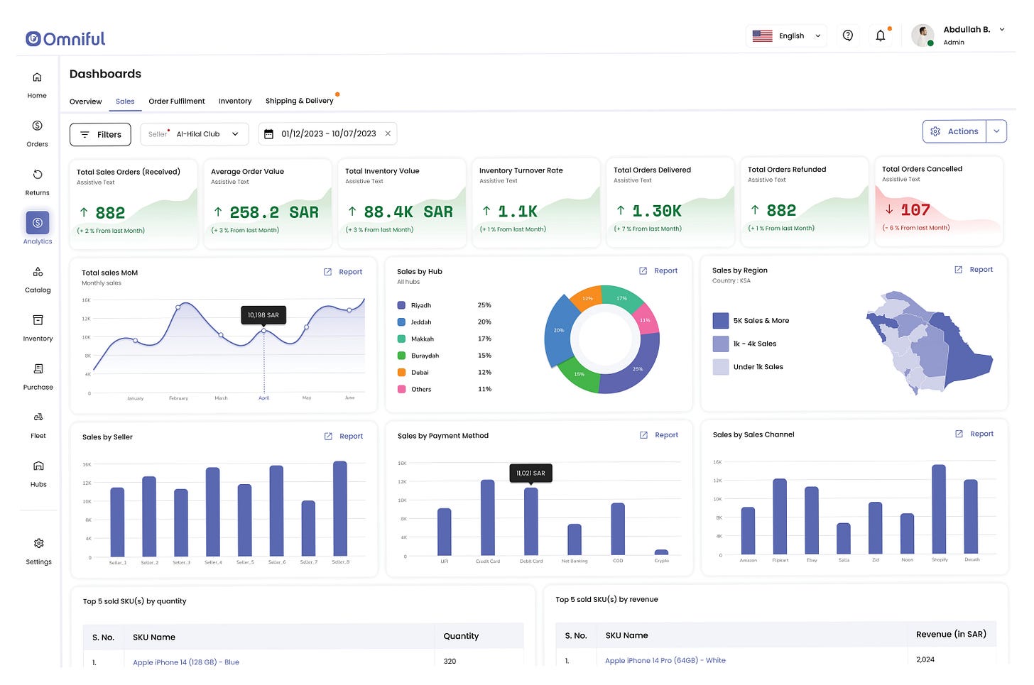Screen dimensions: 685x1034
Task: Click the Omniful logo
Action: tap(65, 38)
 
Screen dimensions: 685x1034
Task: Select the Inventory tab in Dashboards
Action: tap(235, 102)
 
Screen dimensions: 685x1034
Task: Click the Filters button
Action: tap(100, 134)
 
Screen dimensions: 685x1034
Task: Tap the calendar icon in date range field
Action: tap(268, 134)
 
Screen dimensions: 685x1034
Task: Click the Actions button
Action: tap(954, 131)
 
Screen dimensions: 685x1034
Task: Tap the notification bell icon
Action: tap(880, 35)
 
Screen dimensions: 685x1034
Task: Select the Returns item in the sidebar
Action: tap(38, 182)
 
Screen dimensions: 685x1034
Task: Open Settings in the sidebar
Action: tap(38, 551)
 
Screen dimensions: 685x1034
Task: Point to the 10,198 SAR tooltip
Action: tap(263, 314)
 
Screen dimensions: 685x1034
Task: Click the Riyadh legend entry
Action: tap(420, 305)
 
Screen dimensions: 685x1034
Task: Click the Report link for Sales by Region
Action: tap(981, 270)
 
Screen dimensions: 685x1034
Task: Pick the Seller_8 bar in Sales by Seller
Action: tap(340, 508)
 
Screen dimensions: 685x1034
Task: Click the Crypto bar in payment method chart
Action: tap(661, 552)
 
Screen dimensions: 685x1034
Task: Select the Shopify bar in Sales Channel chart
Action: tap(939, 509)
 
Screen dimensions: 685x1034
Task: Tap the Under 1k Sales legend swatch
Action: tap(721, 367)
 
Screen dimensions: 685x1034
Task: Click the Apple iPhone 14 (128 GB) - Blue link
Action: tap(186, 662)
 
